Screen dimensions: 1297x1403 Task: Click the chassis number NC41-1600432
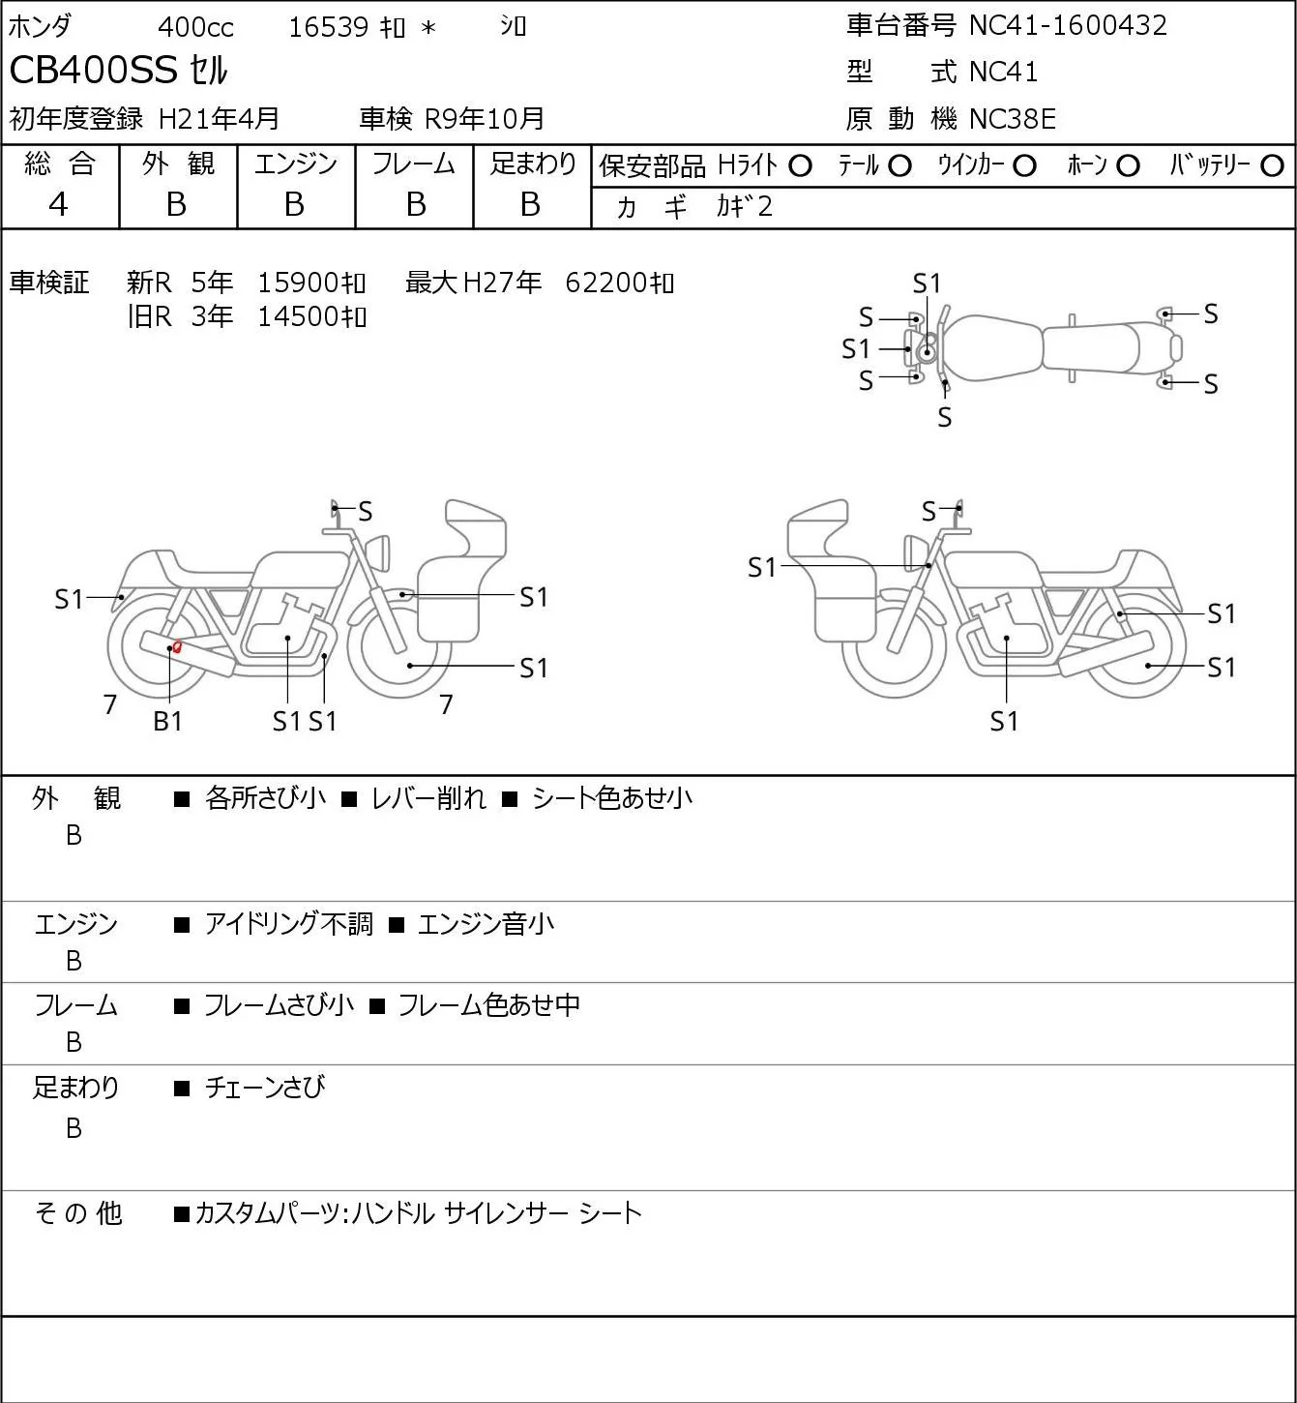coord(1068,25)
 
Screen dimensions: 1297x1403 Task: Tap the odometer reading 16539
coord(328,27)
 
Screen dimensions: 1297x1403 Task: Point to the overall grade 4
coord(58,204)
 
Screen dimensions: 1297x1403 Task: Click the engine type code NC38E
coord(1012,119)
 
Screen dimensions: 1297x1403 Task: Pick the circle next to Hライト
coord(800,165)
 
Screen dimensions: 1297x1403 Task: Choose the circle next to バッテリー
coord(1272,165)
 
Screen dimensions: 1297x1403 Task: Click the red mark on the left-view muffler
coord(176,647)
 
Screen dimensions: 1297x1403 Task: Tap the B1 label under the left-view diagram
coord(167,721)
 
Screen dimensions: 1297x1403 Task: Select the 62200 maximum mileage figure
coord(606,283)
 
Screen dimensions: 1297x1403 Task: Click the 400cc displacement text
coord(195,27)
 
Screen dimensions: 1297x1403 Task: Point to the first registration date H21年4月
coord(219,119)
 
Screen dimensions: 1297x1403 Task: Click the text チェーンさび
coord(264,1088)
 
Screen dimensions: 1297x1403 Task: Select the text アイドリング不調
coord(288,924)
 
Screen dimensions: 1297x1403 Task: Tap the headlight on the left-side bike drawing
coord(378,553)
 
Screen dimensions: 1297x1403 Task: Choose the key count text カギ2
coord(744,206)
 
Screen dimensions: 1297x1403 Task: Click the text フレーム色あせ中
coord(488,1005)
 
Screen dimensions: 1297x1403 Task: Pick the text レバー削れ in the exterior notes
coord(427,798)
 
